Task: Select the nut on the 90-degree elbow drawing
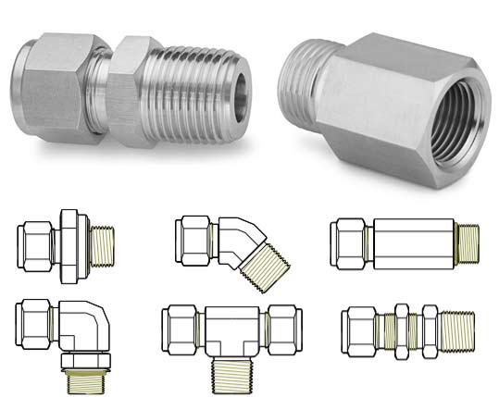pyautogui.click(x=36, y=320)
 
